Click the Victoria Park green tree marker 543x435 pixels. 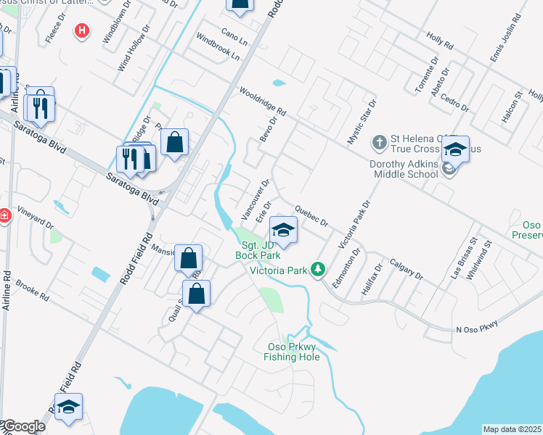click(317, 269)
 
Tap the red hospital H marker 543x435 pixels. click(83, 31)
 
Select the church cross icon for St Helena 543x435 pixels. click(379, 141)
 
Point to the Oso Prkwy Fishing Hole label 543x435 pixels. click(290, 352)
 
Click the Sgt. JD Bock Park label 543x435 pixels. click(257, 249)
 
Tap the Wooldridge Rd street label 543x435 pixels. click(263, 102)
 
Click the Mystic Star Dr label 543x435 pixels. click(360, 122)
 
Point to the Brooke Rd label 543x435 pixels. click(32, 291)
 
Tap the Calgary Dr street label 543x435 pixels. click(406, 268)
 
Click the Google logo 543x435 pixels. click(23, 426)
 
